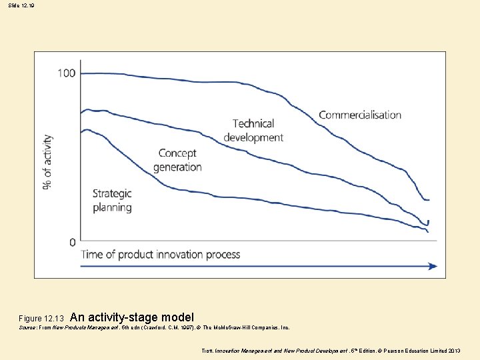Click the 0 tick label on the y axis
tap(73, 242)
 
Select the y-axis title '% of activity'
tap(48, 161)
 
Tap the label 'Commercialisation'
tap(360, 115)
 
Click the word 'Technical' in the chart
tap(253, 123)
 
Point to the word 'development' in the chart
tap(253, 137)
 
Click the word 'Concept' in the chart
tap(177, 153)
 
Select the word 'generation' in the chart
tap(177, 167)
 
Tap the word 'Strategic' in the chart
tap(112, 193)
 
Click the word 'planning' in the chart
tap(112, 207)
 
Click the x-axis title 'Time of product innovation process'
tap(161, 255)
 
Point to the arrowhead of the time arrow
tap(433, 266)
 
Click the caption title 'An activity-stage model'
tap(131, 317)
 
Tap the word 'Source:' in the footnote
tap(29, 328)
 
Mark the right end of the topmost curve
tap(429, 200)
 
